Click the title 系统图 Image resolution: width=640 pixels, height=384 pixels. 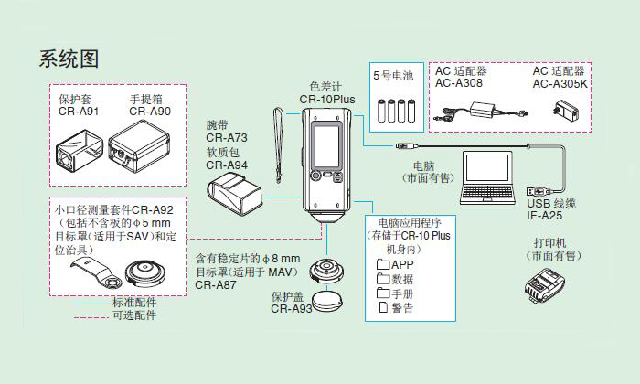click(68, 59)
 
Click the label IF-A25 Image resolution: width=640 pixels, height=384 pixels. click(545, 217)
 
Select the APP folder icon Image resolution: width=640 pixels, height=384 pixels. click(383, 265)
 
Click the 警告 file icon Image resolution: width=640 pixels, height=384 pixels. click(383, 307)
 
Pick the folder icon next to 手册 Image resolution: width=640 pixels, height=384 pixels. click(383, 293)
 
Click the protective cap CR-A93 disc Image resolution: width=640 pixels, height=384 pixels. click(327, 300)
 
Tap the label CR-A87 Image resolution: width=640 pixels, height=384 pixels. click(216, 284)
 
